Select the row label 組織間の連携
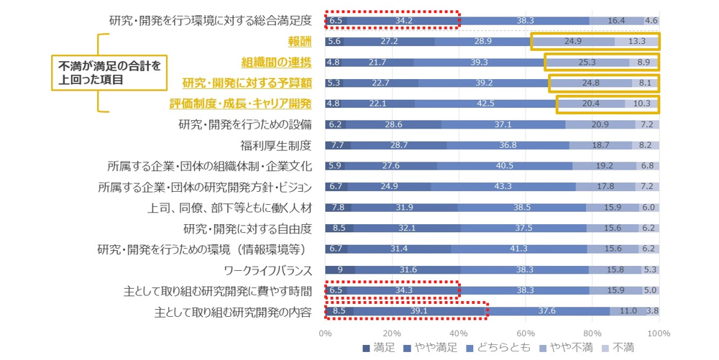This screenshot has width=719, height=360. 276,63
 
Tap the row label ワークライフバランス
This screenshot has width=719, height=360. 267,270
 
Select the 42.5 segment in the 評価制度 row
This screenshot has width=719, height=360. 485,104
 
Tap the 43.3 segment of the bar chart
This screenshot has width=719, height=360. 503,188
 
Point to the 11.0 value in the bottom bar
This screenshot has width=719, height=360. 628,313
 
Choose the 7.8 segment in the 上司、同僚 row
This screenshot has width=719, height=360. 337,208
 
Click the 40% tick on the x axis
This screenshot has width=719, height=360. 459,333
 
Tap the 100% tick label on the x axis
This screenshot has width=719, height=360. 659,333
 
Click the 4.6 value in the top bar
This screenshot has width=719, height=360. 651,21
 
